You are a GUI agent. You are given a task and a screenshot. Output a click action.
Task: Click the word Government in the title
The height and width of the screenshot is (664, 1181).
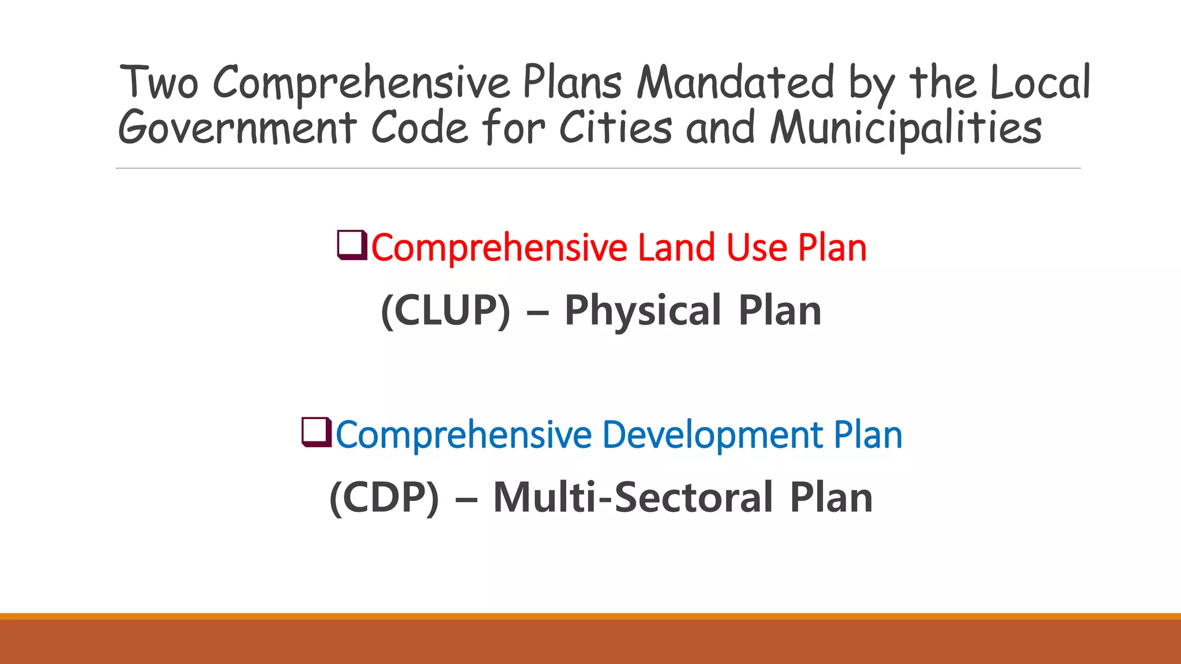pos(237,127)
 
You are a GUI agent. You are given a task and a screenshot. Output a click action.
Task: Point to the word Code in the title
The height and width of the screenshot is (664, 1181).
pos(419,127)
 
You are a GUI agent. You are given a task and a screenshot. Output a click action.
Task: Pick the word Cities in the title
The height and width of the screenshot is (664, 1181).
pos(615,127)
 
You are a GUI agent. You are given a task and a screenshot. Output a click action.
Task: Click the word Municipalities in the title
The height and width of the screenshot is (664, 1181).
pos(906,129)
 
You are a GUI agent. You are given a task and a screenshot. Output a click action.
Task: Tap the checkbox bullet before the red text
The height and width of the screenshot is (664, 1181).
pos(352,245)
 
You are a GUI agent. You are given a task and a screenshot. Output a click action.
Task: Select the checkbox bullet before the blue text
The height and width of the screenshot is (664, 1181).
pos(317,432)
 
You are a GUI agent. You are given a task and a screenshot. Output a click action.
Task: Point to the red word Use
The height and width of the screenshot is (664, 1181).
pos(757,248)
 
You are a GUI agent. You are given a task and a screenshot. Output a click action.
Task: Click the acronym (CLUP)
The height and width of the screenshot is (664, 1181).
pos(446,311)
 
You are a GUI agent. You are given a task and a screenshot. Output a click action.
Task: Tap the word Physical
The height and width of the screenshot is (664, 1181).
pos(643,311)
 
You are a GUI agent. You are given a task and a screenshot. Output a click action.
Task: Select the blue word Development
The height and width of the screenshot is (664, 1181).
pos(712,435)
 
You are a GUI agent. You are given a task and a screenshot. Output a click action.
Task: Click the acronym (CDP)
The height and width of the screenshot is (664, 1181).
pos(384,497)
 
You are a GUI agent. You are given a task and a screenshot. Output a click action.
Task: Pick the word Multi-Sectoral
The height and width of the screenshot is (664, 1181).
pos(633,497)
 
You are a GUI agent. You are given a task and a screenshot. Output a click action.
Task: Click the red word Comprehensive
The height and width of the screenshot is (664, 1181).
pos(499,248)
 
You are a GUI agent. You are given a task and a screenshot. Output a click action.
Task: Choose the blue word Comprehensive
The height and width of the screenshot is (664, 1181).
pos(464,435)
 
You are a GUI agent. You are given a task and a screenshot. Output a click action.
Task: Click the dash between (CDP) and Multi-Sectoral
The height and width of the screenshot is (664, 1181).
pos(466,499)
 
